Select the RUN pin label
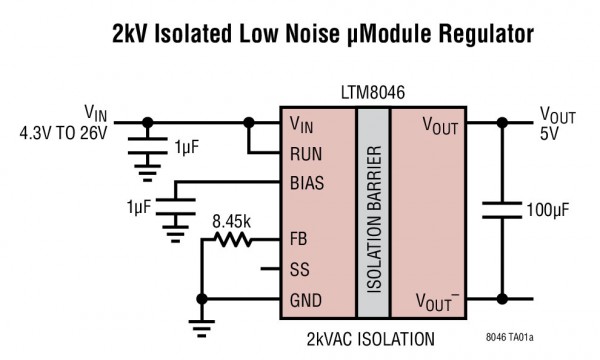point(304,154)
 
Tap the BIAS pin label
point(306,184)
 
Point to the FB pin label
point(298,240)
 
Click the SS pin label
point(298,269)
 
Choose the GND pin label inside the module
point(304,298)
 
